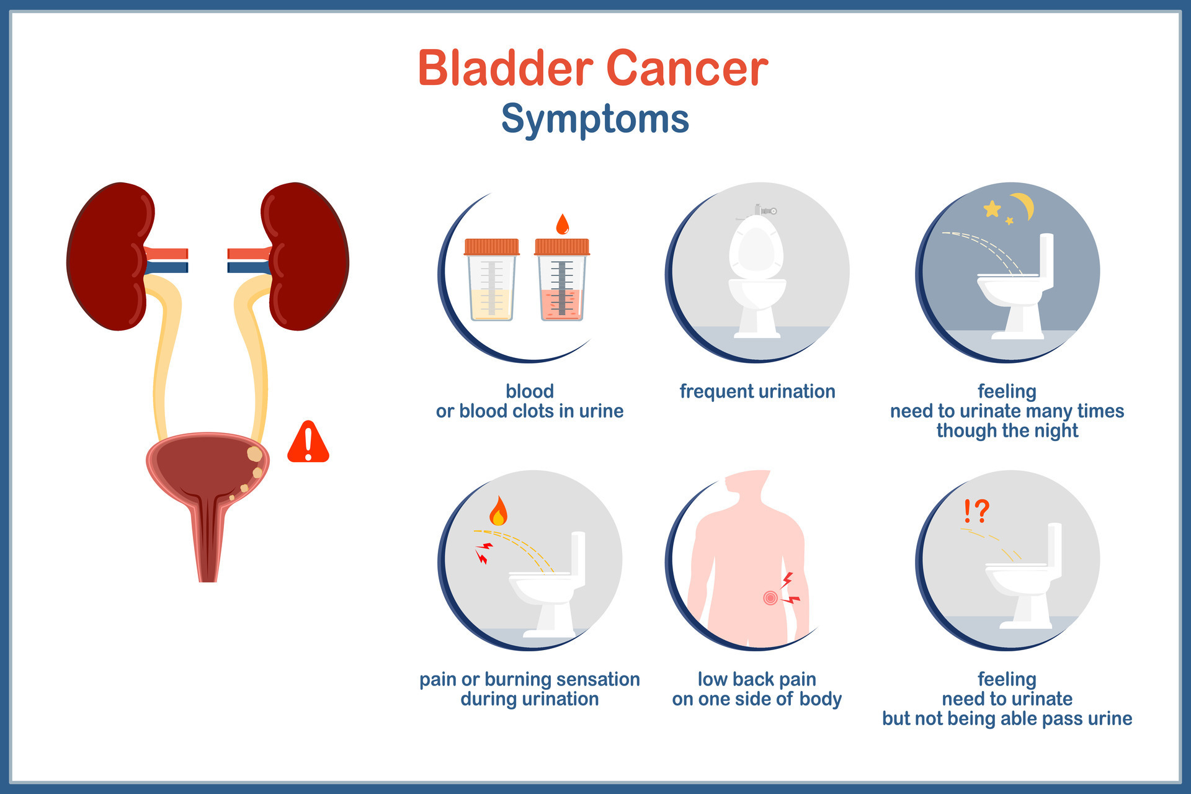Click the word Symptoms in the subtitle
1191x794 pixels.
click(595, 118)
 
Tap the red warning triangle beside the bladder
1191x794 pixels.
click(308, 442)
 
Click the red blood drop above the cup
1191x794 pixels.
click(563, 224)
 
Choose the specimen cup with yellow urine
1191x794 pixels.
click(492, 279)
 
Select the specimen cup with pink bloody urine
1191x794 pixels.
click(562, 279)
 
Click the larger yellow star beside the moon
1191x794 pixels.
click(993, 208)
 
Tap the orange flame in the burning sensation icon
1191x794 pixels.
click(498, 511)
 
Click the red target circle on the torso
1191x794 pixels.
click(770, 598)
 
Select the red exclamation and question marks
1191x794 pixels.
click(976, 511)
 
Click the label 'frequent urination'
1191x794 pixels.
click(757, 391)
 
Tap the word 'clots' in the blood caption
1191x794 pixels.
click(552, 411)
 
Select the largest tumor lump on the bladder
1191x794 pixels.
click(254, 454)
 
